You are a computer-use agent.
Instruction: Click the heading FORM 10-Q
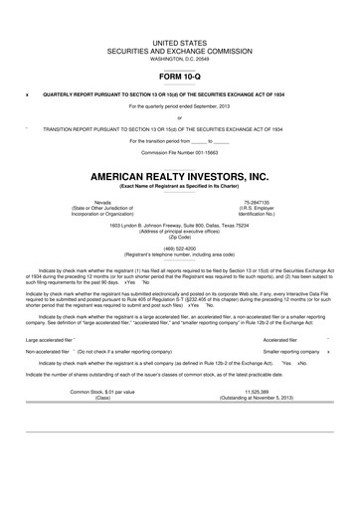pos(179,75)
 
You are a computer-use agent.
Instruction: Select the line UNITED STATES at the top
pos(179,44)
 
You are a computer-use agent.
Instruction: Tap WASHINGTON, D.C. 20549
pos(179,60)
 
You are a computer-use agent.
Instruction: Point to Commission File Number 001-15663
pos(179,152)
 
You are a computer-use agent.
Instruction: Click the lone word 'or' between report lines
pos(179,118)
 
